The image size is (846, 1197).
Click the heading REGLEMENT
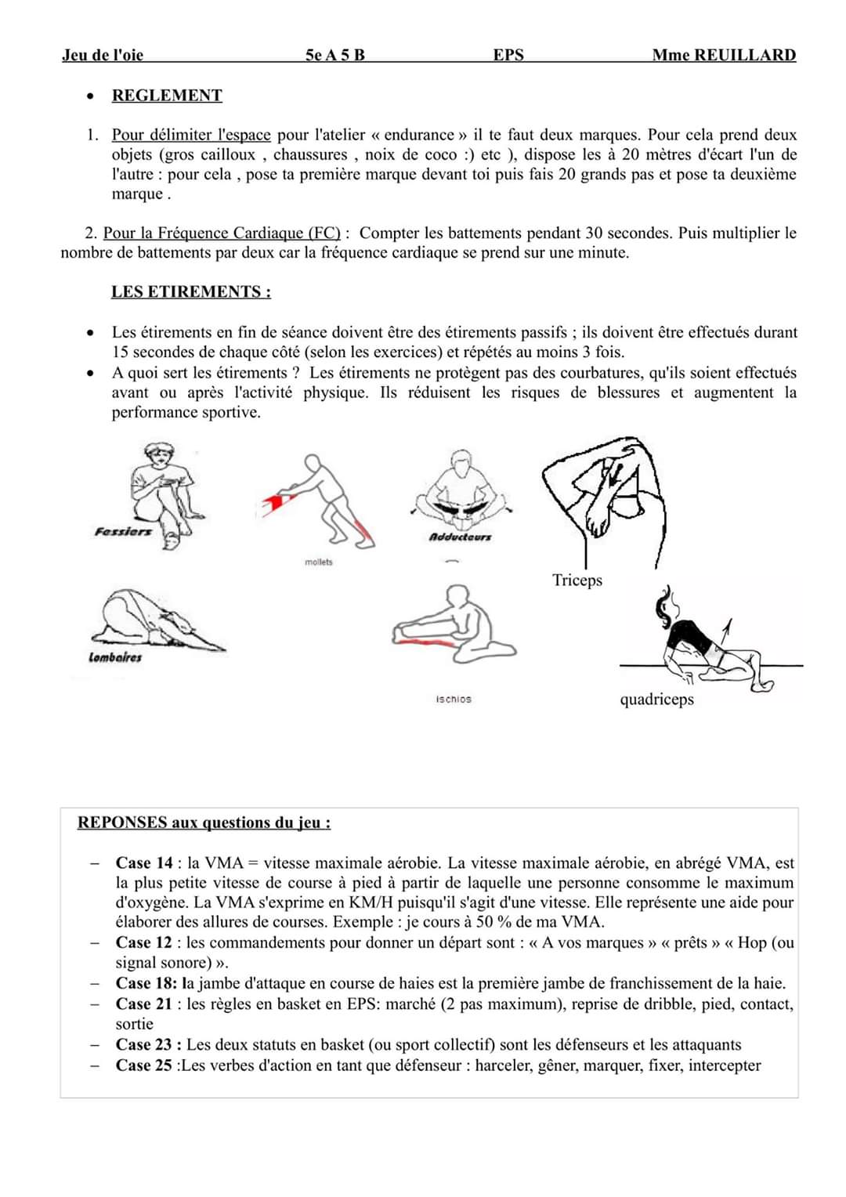coord(167,96)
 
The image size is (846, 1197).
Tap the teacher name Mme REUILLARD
coord(723,55)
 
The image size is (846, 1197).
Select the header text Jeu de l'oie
coord(103,55)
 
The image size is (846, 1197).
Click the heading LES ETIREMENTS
coord(191,291)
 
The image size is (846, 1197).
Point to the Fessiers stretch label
coord(123,532)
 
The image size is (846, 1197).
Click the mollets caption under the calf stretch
coord(318,562)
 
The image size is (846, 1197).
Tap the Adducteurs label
coord(461,537)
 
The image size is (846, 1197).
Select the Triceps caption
coord(577,580)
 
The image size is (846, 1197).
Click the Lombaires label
coord(115,658)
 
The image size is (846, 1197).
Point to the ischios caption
coord(454,699)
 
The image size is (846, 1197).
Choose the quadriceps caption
coord(656,699)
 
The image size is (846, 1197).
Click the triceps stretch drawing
coord(605,498)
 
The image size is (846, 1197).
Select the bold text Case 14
coord(144,862)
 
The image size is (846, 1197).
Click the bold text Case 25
coord(144,1065)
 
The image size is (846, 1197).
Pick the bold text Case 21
coord(144,1004)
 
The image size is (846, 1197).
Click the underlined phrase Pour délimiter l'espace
coord(191,135)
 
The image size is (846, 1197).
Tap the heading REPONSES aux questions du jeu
coord(204,823)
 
